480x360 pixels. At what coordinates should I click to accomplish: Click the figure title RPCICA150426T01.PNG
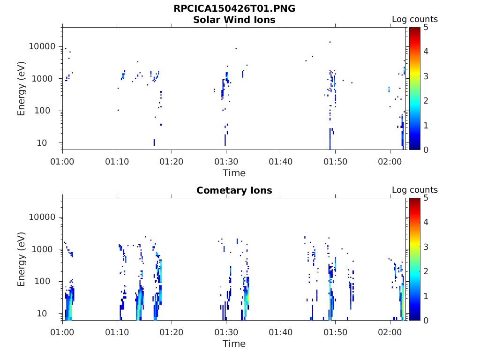tap(234, 9)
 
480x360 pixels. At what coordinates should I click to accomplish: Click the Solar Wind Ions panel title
tap(234, 20)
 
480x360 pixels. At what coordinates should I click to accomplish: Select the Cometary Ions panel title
tap(234, 190)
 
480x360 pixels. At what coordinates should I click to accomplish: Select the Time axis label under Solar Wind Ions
tap(234, 173)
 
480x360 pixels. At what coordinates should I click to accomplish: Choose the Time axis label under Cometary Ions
tap(234, 344)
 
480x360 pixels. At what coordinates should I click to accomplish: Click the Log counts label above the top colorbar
tap(415, 20)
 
